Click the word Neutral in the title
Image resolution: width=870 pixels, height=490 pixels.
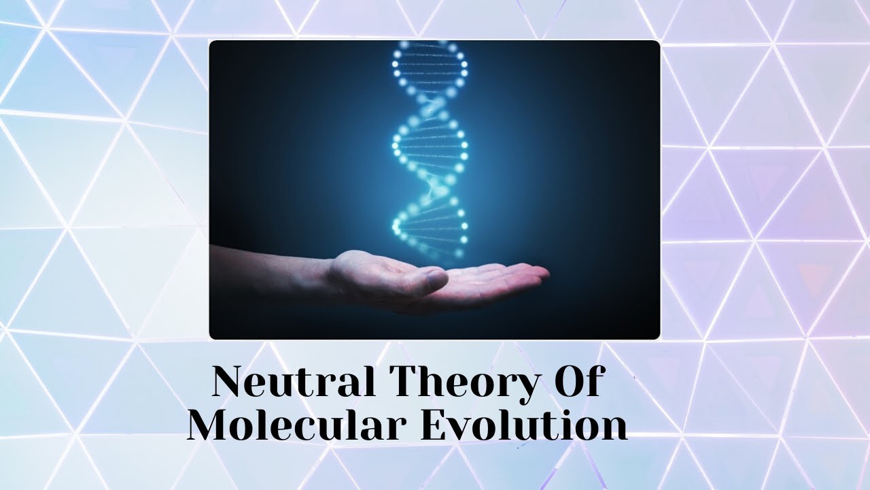click(294, 382)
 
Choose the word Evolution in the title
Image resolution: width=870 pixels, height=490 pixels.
click(523, 425)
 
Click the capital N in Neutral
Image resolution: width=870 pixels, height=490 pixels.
click(230, 382)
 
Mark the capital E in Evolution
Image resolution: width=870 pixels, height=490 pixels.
click(436, 425)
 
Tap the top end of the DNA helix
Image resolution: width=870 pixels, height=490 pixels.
click(430, 48)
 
